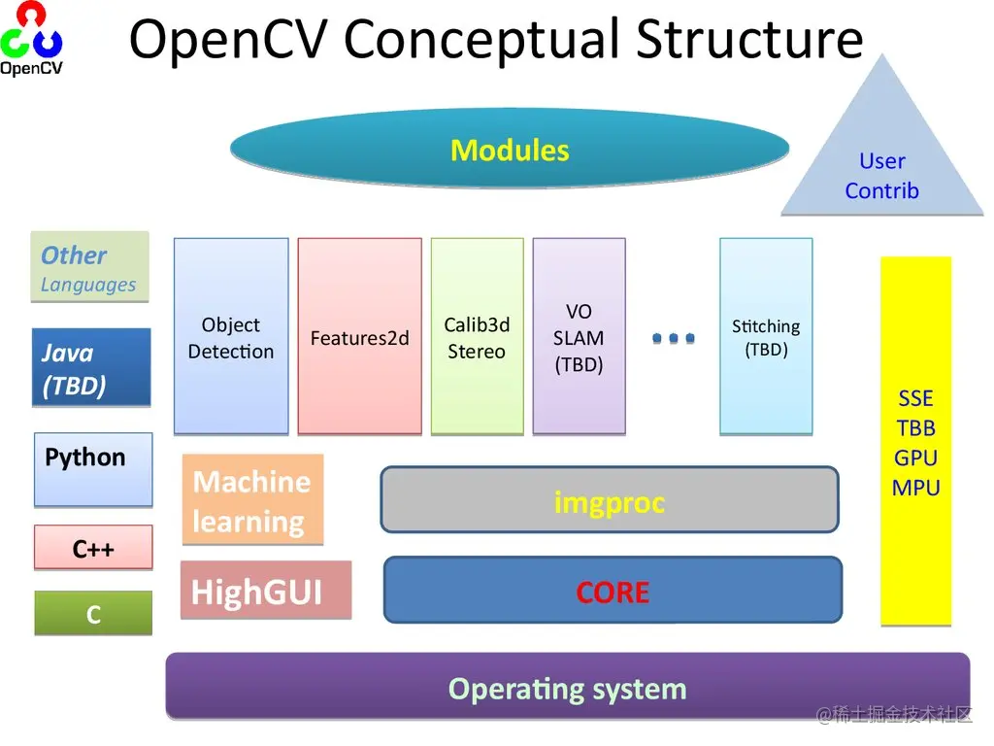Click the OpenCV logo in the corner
pyautogui.click(x=32, y=39)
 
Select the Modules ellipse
pyautogui.click(x=510, y=151)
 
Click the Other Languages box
pyautogui.click(x=89, y=267)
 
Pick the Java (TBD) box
pyautogui.click(x=92, y=367)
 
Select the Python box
pyautogui.click(x=93, y=468)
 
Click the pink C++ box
pyautogui.click(x=93, y=548)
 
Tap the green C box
pyautogui.click(x=93, y=613)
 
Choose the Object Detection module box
pyautogui.click(x=231, y=336)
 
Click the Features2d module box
pyautogui.click(x=359, y=336)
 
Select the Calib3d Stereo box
pyautogui.click(x=477, y=336)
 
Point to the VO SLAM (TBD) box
pyautogui.click(x=579, y=336)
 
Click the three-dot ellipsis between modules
pyautogui.click(x=673, y=338)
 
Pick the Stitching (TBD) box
pyautogui.click(x=766, y=336)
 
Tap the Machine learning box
pyautogui.click(x=252, y=500)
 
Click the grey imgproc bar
pyautogui.click(x=609, y=500)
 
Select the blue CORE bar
pyautogui.click(x=613, y=590)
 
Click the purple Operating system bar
pyautogui.click(x=567, y=687)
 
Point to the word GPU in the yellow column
pyautogui.click(x=915, y=458)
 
